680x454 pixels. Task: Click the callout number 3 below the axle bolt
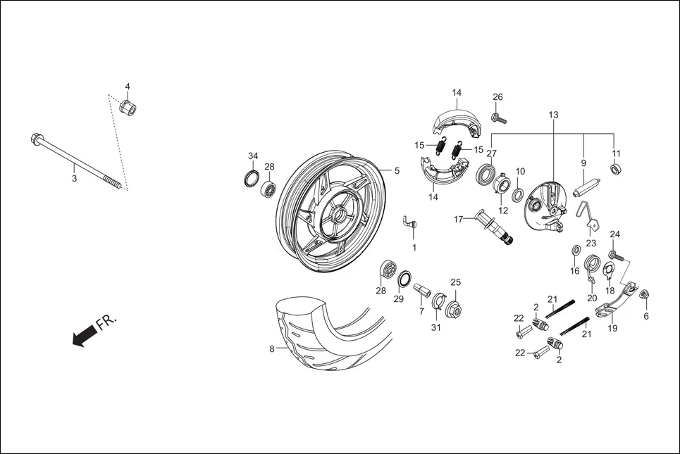[74, 179]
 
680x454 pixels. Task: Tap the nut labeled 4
[128, 108]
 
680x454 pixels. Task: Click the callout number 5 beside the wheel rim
[396, 170]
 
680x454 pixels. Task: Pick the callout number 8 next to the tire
[272, 348]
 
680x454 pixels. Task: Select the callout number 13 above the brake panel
[552, 114]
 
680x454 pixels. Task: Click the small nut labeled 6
[644, 294]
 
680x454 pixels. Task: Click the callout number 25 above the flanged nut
[455, 282]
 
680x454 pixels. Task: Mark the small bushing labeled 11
[615, 170]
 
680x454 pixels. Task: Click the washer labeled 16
[576, 250]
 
